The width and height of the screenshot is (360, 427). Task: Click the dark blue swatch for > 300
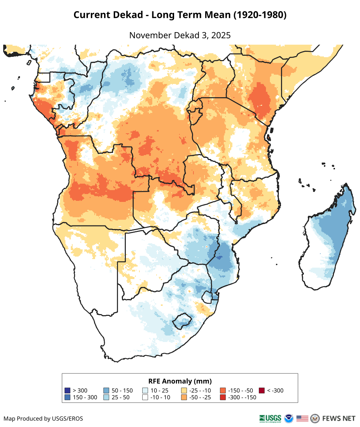67,391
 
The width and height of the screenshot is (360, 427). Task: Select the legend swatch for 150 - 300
67,397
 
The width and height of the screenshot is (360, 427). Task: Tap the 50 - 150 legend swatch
106,391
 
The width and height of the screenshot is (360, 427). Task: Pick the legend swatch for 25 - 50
106,397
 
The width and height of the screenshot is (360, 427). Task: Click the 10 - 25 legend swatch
145,391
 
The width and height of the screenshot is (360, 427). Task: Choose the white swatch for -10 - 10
145,397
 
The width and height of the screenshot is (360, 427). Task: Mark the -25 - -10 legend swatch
184,391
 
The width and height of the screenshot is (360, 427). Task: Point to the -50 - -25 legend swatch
184,397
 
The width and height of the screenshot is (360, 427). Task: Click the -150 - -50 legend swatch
223,391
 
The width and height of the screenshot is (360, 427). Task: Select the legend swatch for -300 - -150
223,397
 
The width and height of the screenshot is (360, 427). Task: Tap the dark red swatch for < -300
262,391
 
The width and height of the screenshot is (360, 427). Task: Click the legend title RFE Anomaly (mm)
180,381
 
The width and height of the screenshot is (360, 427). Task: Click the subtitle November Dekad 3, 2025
180,35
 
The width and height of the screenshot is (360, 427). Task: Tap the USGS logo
270,418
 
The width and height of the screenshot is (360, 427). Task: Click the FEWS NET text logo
339,418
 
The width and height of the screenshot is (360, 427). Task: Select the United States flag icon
302,418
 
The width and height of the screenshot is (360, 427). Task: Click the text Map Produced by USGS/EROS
43,418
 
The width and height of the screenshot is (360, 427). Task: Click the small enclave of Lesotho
181,321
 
